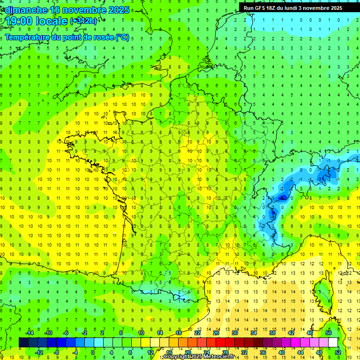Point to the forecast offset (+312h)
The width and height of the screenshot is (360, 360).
83,21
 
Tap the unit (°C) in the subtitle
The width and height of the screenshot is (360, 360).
122,37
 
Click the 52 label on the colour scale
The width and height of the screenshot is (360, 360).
338,352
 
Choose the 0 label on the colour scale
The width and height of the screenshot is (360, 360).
92,352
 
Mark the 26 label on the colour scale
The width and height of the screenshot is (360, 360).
216,333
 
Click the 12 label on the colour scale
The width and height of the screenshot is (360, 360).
150,352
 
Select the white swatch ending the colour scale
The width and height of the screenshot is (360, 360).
333,342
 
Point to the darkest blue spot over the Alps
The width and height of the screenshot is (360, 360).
282,198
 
